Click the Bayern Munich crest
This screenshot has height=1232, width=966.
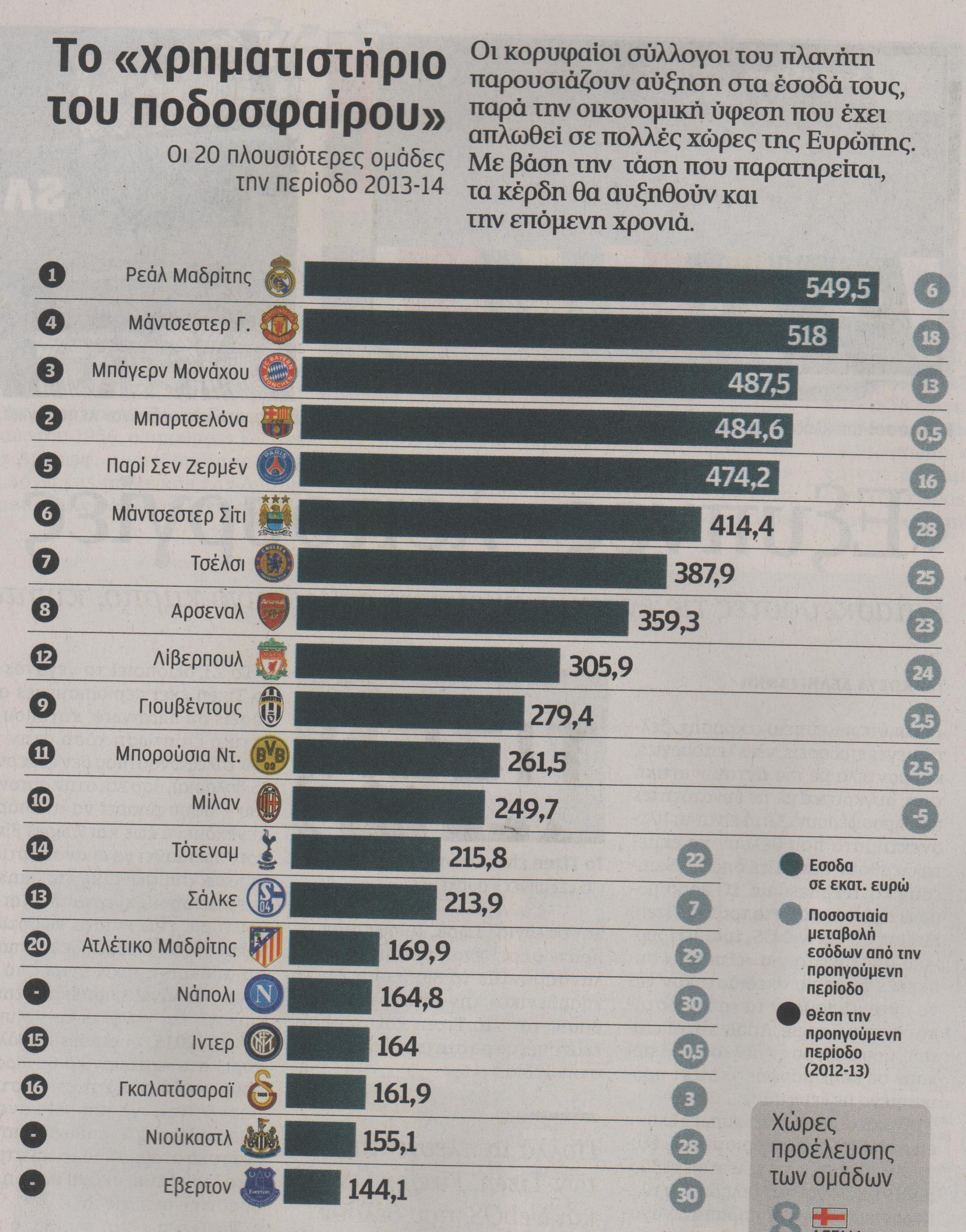pyautogui.click(x=277, y=372)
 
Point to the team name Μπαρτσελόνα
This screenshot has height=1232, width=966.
pyautogui.click(x=191, y=421)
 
